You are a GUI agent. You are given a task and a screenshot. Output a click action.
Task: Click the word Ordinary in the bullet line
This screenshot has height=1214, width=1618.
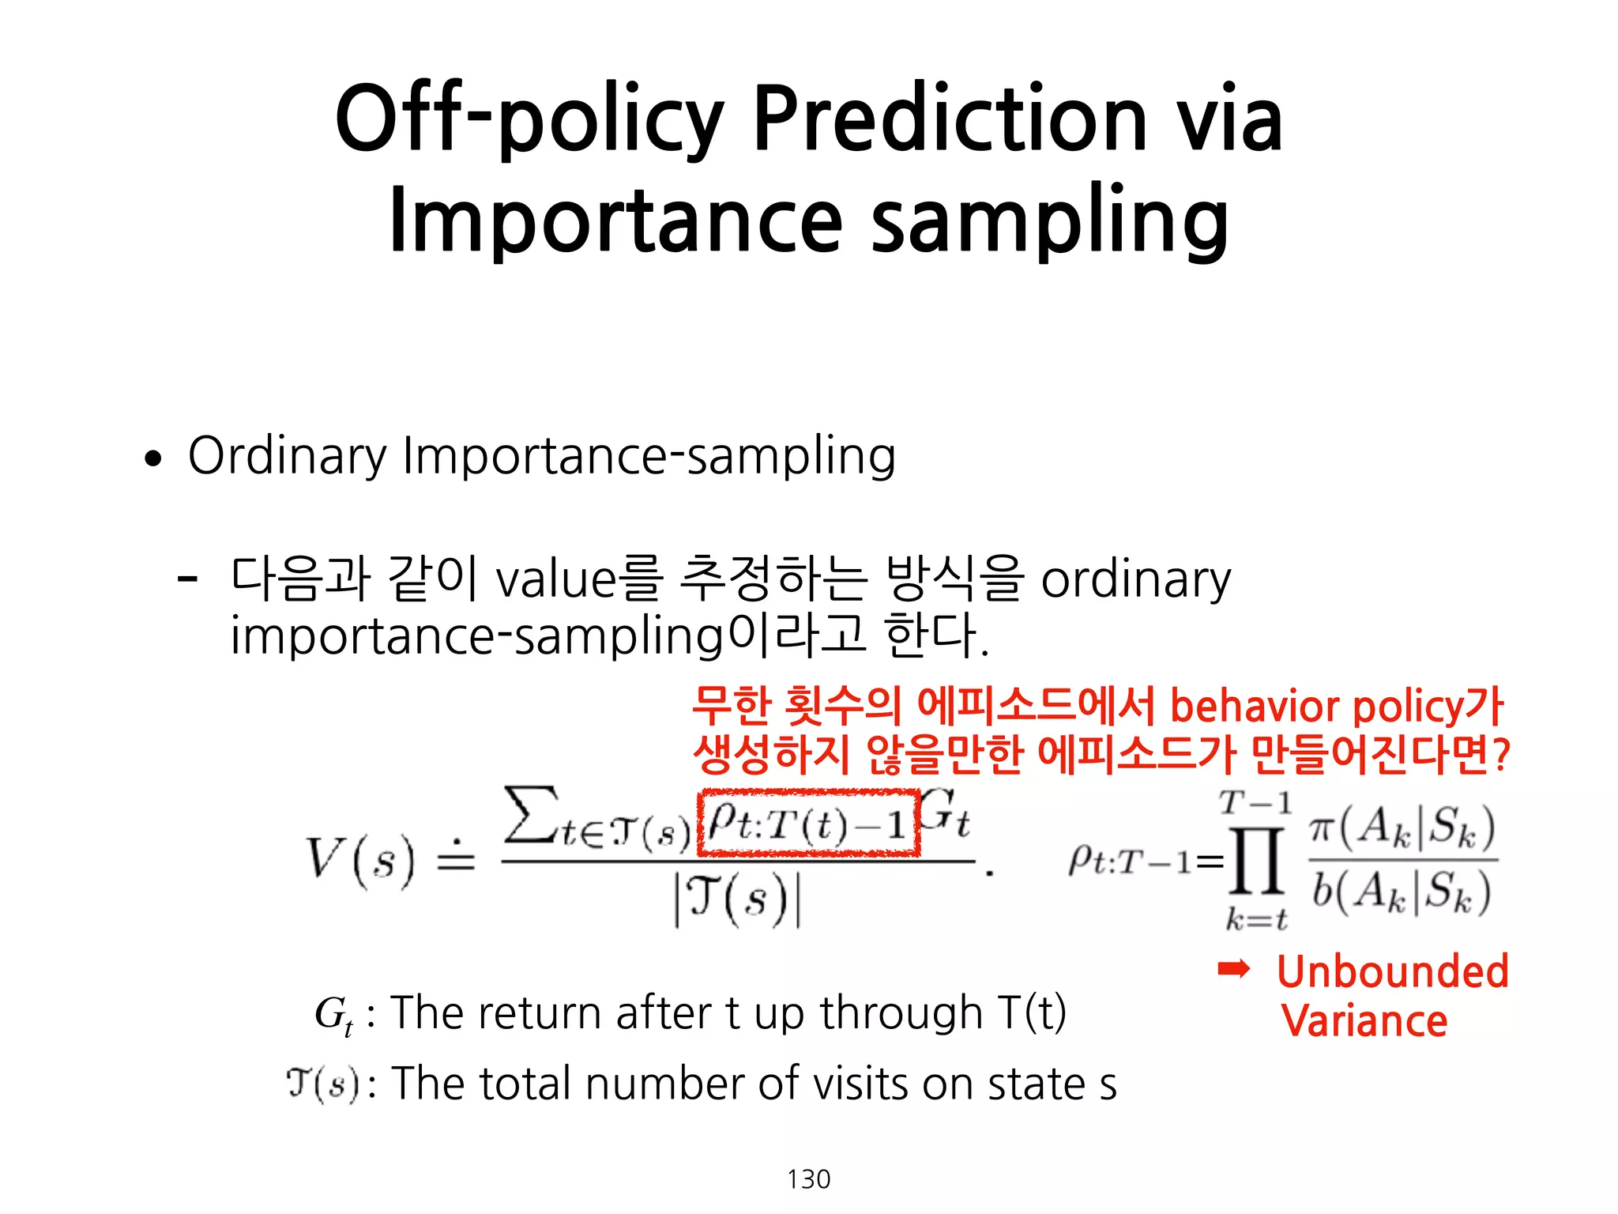288,457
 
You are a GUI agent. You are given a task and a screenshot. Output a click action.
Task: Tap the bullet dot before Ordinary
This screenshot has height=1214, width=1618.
153,458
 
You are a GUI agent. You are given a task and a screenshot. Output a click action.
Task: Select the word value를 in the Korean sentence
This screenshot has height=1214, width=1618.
578,579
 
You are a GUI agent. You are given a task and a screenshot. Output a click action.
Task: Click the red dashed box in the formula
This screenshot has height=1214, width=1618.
809,823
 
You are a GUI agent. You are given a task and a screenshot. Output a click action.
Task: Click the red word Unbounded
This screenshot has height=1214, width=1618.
1392,971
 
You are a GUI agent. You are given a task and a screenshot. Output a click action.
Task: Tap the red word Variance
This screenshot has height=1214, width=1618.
1364,1020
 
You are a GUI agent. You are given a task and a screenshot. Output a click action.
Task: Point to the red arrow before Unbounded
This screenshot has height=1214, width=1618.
1233,969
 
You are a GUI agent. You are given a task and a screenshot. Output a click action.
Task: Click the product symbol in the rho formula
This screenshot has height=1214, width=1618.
1255,861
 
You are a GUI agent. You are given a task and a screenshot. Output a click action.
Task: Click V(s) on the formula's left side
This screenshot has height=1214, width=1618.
359,860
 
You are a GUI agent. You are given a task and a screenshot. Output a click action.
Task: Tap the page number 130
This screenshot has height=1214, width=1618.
808,1179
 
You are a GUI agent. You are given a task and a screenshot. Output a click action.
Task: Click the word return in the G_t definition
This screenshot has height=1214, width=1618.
540,1012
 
